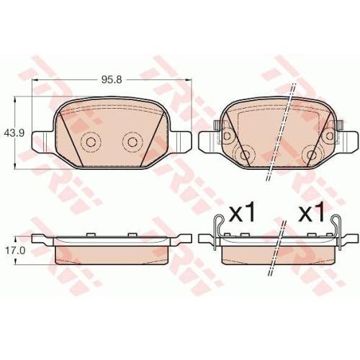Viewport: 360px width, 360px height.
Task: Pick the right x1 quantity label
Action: [312, 212]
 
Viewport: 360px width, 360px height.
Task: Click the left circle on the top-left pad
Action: [91, 142]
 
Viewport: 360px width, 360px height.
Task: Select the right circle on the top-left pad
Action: [131, 142]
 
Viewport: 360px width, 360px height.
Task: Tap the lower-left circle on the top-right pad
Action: [245, 154]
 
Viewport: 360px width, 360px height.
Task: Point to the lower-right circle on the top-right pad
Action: [312, 154]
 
